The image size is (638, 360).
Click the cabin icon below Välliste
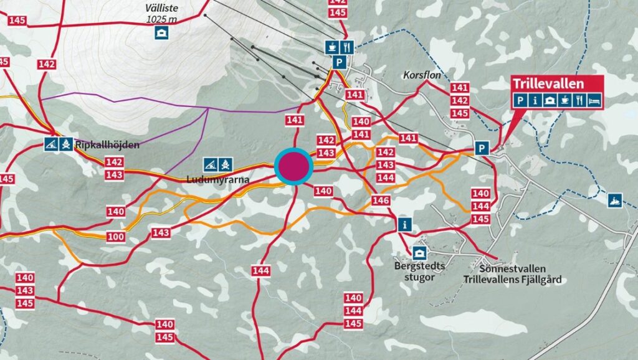[162, 32]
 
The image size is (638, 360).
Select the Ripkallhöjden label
[107, 145]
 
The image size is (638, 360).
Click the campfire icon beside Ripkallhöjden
[67, 144]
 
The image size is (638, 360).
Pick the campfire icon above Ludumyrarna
[226, 165]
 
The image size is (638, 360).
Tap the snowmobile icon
[615, 201]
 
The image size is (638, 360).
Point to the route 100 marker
[115, 237]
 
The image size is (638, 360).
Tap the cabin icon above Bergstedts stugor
[419, 253]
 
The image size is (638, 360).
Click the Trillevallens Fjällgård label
[512, 280]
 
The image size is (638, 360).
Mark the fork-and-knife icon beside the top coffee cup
[348, 47]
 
